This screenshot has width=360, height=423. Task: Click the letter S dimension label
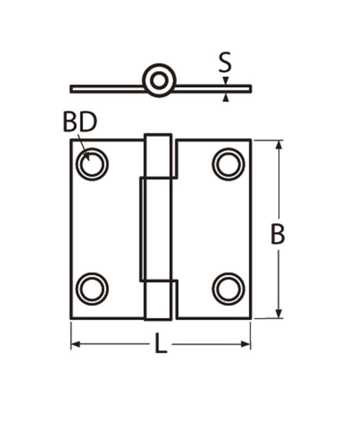point(225,63)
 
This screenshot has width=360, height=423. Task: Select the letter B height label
point(278,235)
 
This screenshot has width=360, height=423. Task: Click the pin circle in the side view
point(158,81)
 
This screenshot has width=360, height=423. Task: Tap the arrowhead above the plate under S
point(226,81)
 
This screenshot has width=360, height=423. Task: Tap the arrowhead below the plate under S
point(226,97)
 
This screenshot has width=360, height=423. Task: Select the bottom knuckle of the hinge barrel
point(158,300)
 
